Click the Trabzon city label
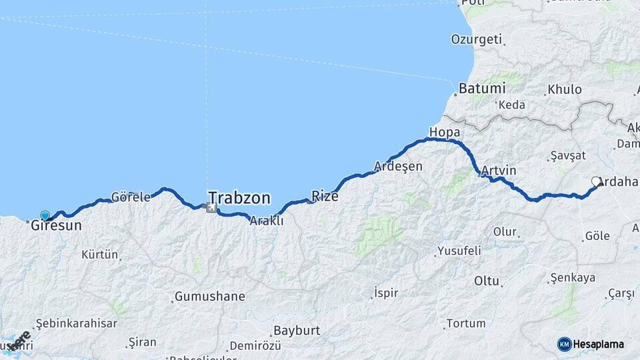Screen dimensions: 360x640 pyautogui.click(x=239, y=198)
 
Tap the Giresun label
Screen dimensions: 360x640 pyautogui.click(x=56, y=226)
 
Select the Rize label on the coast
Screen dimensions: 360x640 pyautogui.click(x=325, y=197)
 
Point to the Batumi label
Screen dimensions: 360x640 pyautogui.click(x=482, y=88)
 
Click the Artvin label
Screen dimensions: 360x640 pyautogui.click(x=498, y=171)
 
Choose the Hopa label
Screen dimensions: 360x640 pyautogui.click(x=445, y=131)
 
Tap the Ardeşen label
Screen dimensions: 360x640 pyautogui.click(x=398, y=166)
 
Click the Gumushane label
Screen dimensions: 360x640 pyautogui.click(x=209, y=296)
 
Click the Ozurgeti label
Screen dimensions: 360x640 pyautogui.click(x=476, y=39)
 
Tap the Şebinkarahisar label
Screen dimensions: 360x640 pyautogui.click(x=75, y=323)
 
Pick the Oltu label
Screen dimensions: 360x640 pyautogui.click(x=487, y=281)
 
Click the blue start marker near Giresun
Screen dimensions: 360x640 pyautogui.click(x=45, y=215)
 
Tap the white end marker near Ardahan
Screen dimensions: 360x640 pyautogui.click(x=596, y=181)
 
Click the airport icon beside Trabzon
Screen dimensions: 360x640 pyautogui.click(x=211, y=208)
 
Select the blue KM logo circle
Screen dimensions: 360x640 pyautogui.click(x=564, y=344)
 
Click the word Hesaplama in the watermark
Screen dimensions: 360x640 pyautogui.click(x=599, y=344)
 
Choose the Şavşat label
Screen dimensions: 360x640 pyautogui.click(x=567, y=155)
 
